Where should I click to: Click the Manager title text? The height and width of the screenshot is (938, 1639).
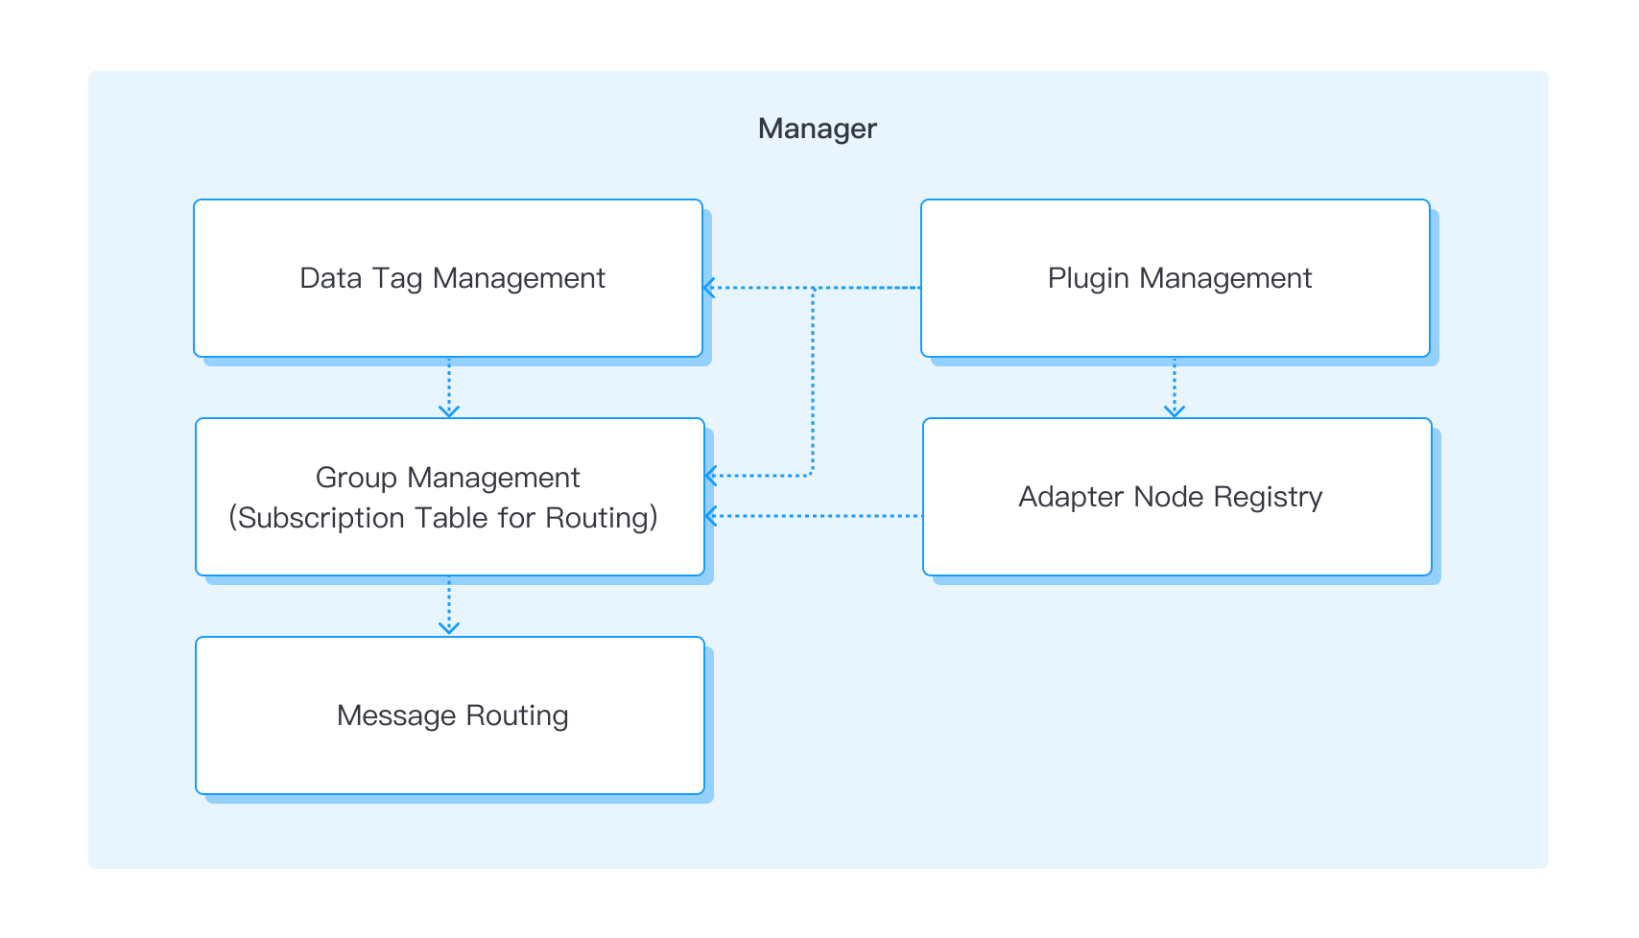tap(817, 129)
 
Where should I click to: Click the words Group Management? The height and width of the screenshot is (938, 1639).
tap(447, 478)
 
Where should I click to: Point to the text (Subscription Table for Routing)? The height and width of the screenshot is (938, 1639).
tap(443, 518)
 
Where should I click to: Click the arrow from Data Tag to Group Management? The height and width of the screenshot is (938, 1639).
tap(448, 387)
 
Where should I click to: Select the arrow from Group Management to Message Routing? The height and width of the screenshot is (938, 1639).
tap(448, 606)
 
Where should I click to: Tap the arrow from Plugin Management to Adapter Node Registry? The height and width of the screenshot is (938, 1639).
tap(1174, 387)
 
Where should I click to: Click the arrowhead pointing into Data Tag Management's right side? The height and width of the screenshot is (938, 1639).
tap(709, 288)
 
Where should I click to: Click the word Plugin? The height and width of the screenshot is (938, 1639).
tap(1088, 278)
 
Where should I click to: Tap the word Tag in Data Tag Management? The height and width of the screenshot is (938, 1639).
tap(396, 278)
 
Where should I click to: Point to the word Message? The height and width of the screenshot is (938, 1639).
tap(396, 715)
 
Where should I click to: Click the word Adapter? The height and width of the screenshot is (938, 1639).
tap(1071, 497)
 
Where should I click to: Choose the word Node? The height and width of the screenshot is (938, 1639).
tap(1168, 497)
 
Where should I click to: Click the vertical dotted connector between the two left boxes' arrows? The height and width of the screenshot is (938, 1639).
tap(813, 384)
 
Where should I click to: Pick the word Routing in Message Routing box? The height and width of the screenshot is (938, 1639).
tap(517, 715)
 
